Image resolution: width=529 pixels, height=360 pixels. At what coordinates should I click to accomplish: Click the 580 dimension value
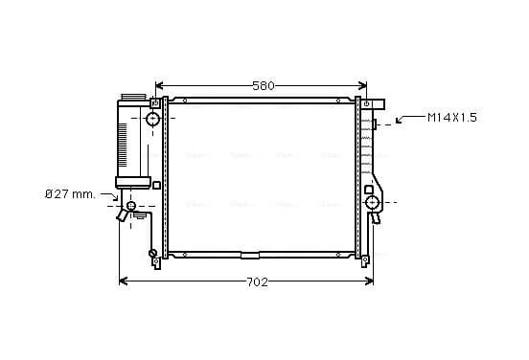coord(264,86)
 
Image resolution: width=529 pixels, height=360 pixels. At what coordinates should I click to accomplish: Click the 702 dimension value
coord(258,282)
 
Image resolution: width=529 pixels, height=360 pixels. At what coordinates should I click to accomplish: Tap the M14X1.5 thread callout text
coord(452,118)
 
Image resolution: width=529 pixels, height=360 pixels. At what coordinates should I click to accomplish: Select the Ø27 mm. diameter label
coord(70,194)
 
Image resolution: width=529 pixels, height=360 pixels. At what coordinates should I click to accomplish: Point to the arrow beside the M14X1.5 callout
coord(410,118)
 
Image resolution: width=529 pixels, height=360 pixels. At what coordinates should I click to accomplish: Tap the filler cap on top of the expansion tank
coord(133,97)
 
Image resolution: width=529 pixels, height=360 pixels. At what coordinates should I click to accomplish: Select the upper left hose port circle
coord(152,119)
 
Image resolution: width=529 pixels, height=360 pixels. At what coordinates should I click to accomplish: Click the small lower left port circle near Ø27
coord(131,205)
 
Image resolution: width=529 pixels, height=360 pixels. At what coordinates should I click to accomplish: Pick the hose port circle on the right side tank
coord(373,203)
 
